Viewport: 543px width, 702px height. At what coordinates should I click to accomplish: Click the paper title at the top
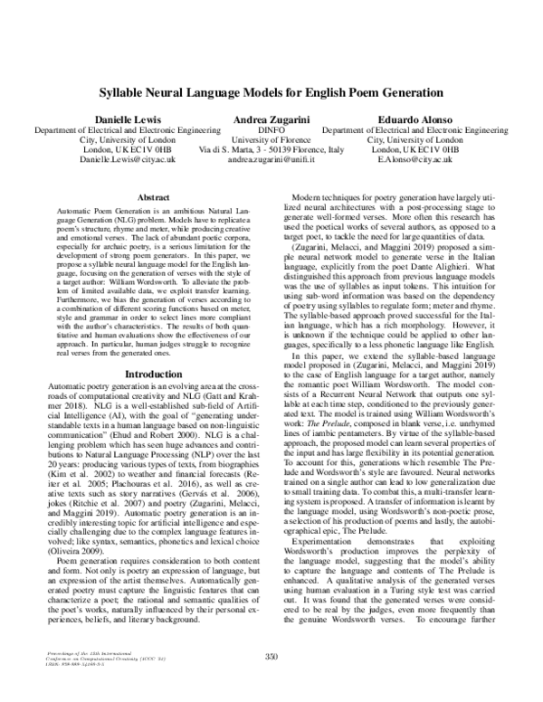tap(271, 92)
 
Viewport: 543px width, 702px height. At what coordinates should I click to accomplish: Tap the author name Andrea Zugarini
tap(271, 119)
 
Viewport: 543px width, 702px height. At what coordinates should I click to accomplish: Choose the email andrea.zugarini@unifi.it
tap(271, 159)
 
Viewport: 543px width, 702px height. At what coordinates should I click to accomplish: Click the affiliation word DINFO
tap(271, 129)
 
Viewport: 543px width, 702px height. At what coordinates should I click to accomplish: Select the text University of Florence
tap(271, 139)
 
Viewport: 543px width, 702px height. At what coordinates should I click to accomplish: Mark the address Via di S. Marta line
tap(271, 149)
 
